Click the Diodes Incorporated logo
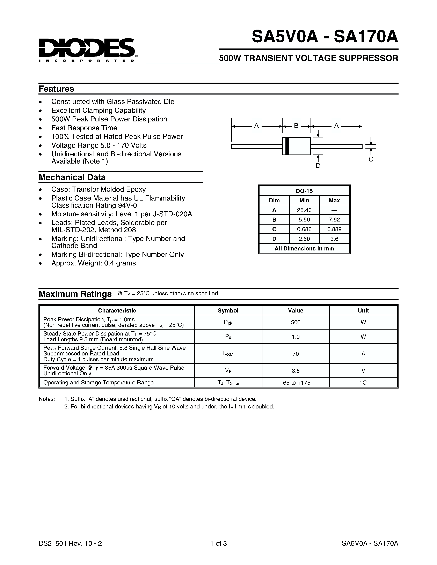[87, 49]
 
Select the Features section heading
[56, 89]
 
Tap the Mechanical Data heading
[72, 178]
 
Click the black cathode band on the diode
[287, 146]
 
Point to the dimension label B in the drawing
[296, 126]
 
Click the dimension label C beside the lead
[371, 159]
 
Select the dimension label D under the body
[318, 166]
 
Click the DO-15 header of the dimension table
[304, 191]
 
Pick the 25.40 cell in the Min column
[304, 210]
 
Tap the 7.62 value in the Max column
[334, 220]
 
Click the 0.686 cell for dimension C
[304, 229]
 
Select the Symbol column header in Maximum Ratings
[228, 310]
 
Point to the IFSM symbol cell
[228, 354]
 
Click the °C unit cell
[363, 383]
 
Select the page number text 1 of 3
[218, 543]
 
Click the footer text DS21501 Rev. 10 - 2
[70, 543]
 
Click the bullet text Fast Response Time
[84, 128]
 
